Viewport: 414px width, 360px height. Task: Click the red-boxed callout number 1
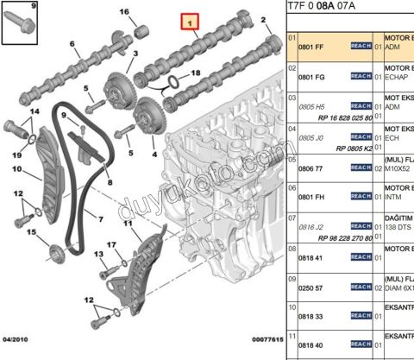pyautogui.click(x=189, y=20)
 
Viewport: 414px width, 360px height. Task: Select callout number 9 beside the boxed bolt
pyautogui.click(x=9, y=8)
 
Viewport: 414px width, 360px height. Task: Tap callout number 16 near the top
pyautogui.click(x=123, y=11)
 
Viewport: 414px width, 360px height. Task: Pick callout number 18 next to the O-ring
pyautogui.click(x=196, y=73)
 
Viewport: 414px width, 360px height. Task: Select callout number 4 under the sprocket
pyautogui.click(x=154, y=156)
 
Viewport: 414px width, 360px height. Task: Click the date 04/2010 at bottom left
pyautogui.click(x=16, y=341)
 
